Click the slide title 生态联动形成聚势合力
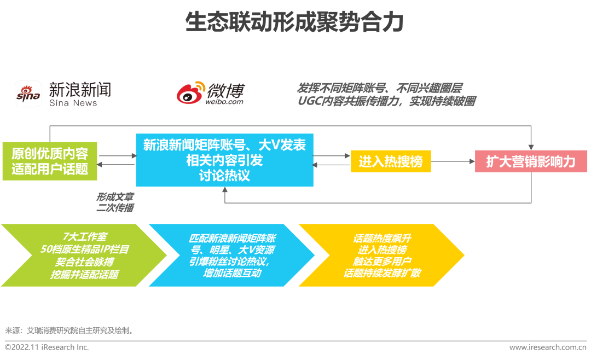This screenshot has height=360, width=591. pos(294,22)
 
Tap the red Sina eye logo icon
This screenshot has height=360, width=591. pos(28,94)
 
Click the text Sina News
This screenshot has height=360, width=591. pos(73,103)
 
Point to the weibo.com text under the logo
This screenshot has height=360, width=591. pos(224,102)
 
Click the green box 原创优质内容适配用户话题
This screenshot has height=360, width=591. pos(50,161)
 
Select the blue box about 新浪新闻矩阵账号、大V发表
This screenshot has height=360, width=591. pos(225,160)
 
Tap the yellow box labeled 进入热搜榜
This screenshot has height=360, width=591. pos(391,161)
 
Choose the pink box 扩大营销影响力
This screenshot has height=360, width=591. pos(531,161)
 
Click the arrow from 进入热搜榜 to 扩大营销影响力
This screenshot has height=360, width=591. pos(453,161)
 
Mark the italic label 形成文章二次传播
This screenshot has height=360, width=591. pos(115,202)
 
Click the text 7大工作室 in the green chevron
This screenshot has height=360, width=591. pos(85,237)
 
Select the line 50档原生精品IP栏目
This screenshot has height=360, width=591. pos(85,249)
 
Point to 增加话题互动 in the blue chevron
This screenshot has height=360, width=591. pos(232,273)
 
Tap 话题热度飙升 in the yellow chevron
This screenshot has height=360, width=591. pos(382,238)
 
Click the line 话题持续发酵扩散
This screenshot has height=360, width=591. pos(382,273)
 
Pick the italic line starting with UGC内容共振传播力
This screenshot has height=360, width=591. pos(386,101)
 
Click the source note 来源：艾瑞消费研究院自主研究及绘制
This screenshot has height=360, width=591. pos(69,330)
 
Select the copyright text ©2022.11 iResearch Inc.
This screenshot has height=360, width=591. pos(47,347)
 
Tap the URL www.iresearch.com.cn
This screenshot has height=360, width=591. pos(548,347)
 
